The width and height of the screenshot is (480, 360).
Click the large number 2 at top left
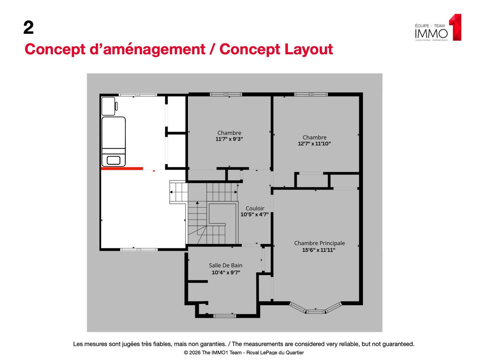click(x=29, y=28)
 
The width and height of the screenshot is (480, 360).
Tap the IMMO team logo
click(x=438, y=28)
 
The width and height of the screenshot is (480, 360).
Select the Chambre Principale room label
click(x=319, y=243)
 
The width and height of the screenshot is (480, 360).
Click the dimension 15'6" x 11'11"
click(x=318, y=250)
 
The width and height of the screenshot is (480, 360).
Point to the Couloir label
click(x=254, y=208)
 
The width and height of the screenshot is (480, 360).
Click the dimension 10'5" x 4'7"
click(x=254, y=214)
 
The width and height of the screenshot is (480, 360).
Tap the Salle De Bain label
click(x=226, y=265)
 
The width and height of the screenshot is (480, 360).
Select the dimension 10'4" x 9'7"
click(x=226, y=272)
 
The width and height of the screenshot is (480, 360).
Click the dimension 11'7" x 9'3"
click(x=229, y=139)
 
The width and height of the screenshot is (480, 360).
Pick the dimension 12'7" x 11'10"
click(x=314, y=144)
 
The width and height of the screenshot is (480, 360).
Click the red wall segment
click(x=122, y=169)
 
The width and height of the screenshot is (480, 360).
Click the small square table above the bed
click(x=108, y=106)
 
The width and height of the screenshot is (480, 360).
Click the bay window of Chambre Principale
click(x=316, y=310)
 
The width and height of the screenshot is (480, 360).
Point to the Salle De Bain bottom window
click(x=225, y=316)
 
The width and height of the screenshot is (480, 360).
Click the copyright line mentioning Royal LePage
click(x=244, y=353)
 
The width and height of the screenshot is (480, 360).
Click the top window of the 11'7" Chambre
click(x=226, y=94)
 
